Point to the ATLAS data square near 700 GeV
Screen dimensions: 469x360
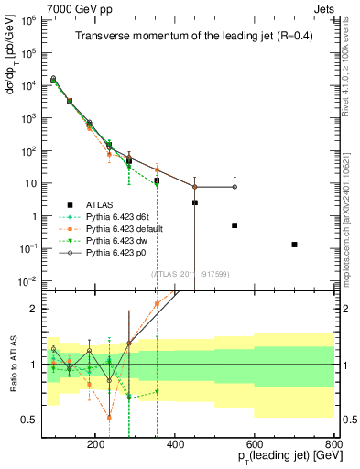point(294,245)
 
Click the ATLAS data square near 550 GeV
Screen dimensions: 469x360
point(235,225)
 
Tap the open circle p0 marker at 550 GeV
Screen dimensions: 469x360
point(235,187)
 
